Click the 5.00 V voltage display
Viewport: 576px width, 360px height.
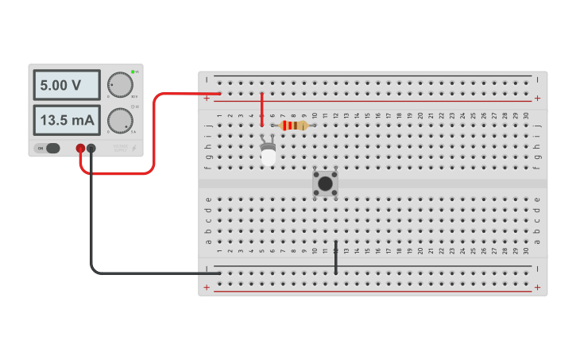(x=67, y=85)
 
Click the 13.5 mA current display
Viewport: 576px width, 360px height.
(x=67, y=121)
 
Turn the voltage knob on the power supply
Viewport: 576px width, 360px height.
(x=120, y=84)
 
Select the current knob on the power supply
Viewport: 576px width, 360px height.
(x=120, y=120)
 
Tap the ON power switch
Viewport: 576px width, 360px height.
(x=48, y=148)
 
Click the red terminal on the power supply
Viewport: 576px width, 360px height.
(x=80, y=148)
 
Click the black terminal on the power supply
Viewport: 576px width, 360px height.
(x=91, y=148)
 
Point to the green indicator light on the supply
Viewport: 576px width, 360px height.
(x=133, y=72)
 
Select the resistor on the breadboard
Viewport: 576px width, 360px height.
(x=294, y=126)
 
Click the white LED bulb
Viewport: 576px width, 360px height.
(x=269, y=157)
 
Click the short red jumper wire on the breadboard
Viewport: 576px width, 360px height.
(x=262, y=110)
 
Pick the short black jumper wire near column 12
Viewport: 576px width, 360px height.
(x=336, y=257)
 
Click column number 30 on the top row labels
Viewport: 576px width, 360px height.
(x=526, y=116)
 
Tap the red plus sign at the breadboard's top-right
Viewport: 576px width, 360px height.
(x=538, y=98)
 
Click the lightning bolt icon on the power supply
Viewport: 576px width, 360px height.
(x=133, y=148)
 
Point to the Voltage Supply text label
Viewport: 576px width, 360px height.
(x=119, y=148)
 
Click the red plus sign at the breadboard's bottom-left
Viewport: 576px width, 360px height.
(x=207, y=288)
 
